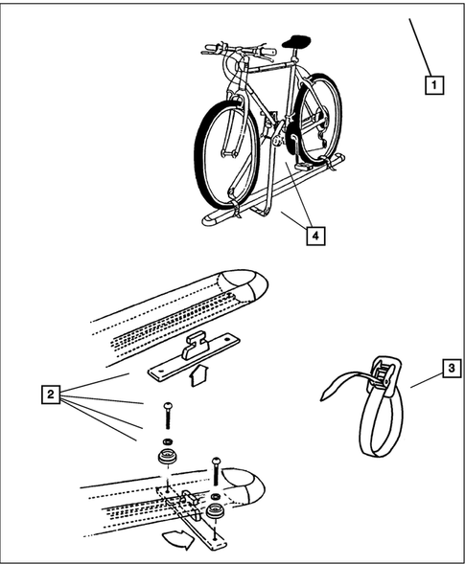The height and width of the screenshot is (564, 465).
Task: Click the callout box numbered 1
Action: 434,85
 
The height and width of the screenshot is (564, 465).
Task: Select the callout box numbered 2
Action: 51,395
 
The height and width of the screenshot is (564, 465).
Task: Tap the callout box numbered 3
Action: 452,368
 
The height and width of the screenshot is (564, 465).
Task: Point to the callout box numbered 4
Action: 315,236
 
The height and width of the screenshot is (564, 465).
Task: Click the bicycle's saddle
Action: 295,41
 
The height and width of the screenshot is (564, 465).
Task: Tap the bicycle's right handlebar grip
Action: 267,52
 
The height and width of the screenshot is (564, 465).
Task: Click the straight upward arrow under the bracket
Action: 197,374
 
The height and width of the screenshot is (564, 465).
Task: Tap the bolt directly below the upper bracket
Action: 168,416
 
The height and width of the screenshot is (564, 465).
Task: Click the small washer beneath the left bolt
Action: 168,441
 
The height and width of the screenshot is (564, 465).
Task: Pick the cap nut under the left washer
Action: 167,457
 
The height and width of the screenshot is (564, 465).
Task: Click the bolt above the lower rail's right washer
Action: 216,470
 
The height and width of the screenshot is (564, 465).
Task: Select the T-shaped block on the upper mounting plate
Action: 196,346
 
